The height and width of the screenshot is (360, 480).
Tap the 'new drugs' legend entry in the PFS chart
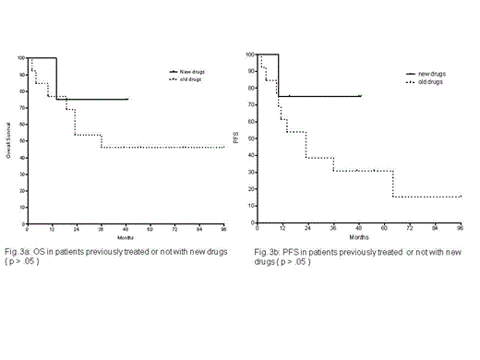430,72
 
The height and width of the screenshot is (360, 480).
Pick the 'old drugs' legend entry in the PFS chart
429,81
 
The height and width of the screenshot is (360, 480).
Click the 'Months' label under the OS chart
126,235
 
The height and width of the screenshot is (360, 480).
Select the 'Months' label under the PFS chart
357,235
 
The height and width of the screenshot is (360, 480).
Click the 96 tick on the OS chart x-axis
224,227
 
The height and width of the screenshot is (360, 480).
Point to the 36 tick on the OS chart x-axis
101,227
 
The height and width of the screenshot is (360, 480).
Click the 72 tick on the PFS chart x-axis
410,227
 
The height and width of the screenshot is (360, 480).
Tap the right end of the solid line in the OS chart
128,99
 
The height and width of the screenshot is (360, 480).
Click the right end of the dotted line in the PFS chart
461,196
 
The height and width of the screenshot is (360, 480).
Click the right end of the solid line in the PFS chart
361,95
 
